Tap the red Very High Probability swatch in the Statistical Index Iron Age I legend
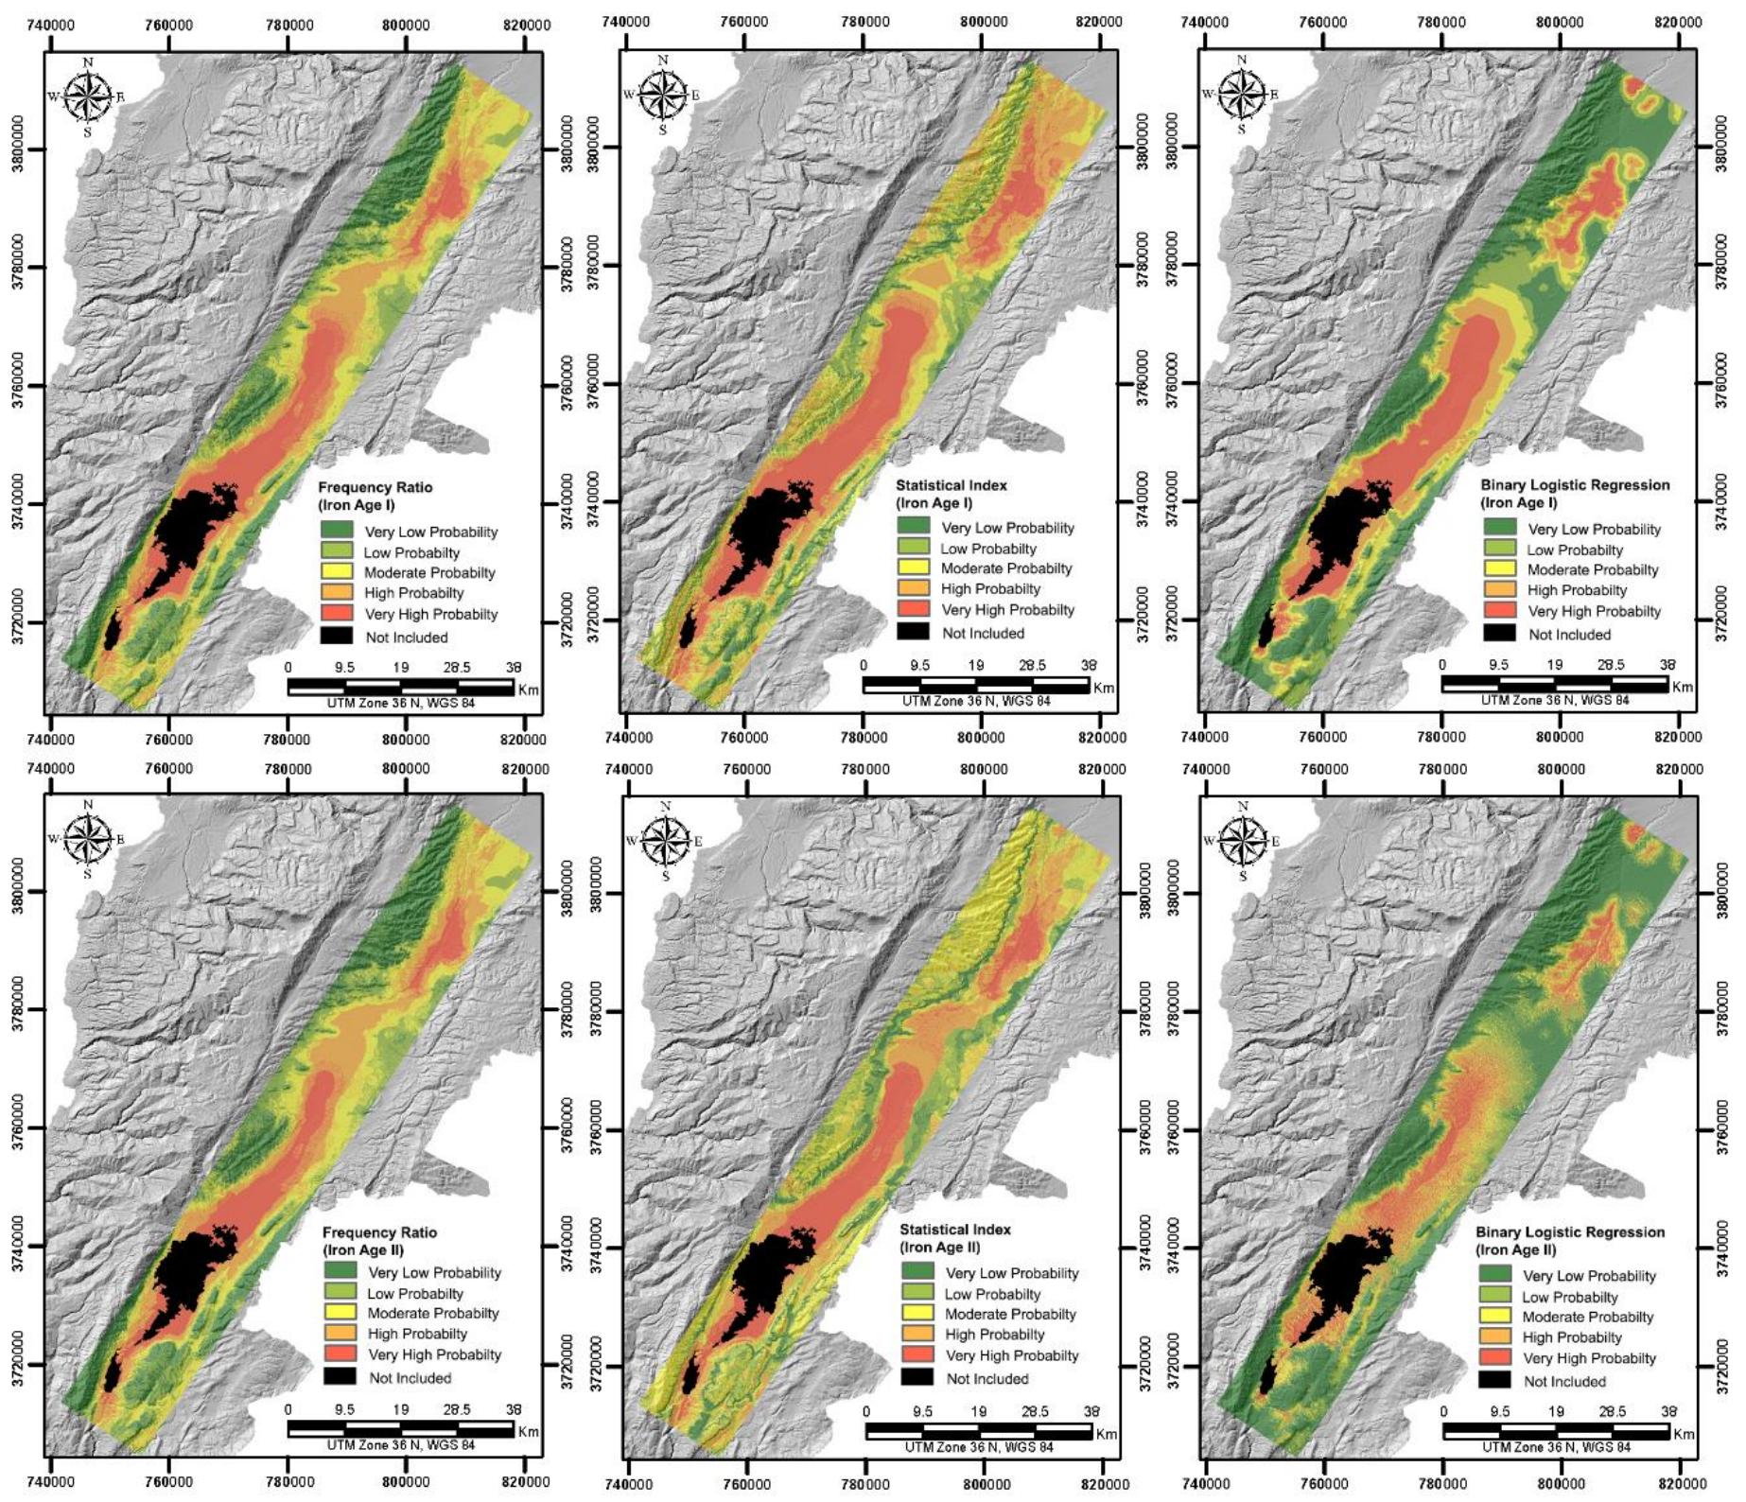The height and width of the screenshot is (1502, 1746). tap(915, 610)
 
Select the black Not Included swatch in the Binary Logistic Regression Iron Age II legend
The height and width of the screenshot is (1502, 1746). tap(1494, 1380)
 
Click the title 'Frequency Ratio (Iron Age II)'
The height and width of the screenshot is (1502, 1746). tap(379, 1241)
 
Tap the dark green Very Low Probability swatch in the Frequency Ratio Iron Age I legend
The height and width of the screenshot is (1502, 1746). tap(337, 531)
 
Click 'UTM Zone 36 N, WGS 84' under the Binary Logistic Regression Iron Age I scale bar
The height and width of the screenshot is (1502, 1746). tap(1555, 701)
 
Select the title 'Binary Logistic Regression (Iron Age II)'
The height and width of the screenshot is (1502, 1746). tap(1570, 1240)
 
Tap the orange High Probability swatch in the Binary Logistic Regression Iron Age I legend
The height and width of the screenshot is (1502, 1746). tap(1500, 590)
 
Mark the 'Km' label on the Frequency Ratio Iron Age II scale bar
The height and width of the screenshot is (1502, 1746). tap(528, 1431)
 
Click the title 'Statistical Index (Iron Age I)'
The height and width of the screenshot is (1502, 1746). tap(951, 494)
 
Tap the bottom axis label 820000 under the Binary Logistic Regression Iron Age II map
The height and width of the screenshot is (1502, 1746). tap(1681, 1484)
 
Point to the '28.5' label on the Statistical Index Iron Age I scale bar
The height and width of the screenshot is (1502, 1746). tap(1032, 666)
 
